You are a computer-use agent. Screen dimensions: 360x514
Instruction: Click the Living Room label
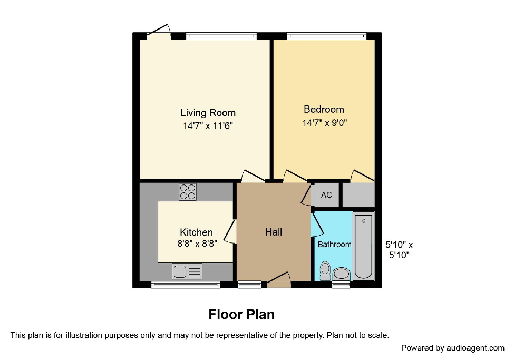point(208,113)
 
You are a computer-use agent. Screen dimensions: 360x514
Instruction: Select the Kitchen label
point(196,232)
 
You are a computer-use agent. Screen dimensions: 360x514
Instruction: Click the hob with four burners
point(187,192)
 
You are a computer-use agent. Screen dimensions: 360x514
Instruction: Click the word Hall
point(273,232)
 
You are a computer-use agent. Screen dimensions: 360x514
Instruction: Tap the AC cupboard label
point(326,195)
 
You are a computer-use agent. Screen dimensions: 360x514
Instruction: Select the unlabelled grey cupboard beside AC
point(358,195)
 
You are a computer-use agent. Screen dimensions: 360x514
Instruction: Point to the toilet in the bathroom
point(325,270)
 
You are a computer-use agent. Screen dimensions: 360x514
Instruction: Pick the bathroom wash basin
point(342,273)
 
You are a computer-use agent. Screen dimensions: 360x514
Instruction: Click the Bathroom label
point(334,245)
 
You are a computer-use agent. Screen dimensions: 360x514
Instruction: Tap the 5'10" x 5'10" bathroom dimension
point(399,250)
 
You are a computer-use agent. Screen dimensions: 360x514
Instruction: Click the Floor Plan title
point(241,315)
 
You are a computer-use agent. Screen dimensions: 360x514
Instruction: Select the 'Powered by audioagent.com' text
point(452,348)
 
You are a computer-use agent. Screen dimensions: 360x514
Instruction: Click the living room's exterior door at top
point(159,32)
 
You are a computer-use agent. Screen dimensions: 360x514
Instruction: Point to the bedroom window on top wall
point(326,36)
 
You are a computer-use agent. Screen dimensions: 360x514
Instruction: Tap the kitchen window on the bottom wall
point(186,285)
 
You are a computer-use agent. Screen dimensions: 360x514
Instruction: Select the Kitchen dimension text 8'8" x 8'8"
point(196,244)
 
